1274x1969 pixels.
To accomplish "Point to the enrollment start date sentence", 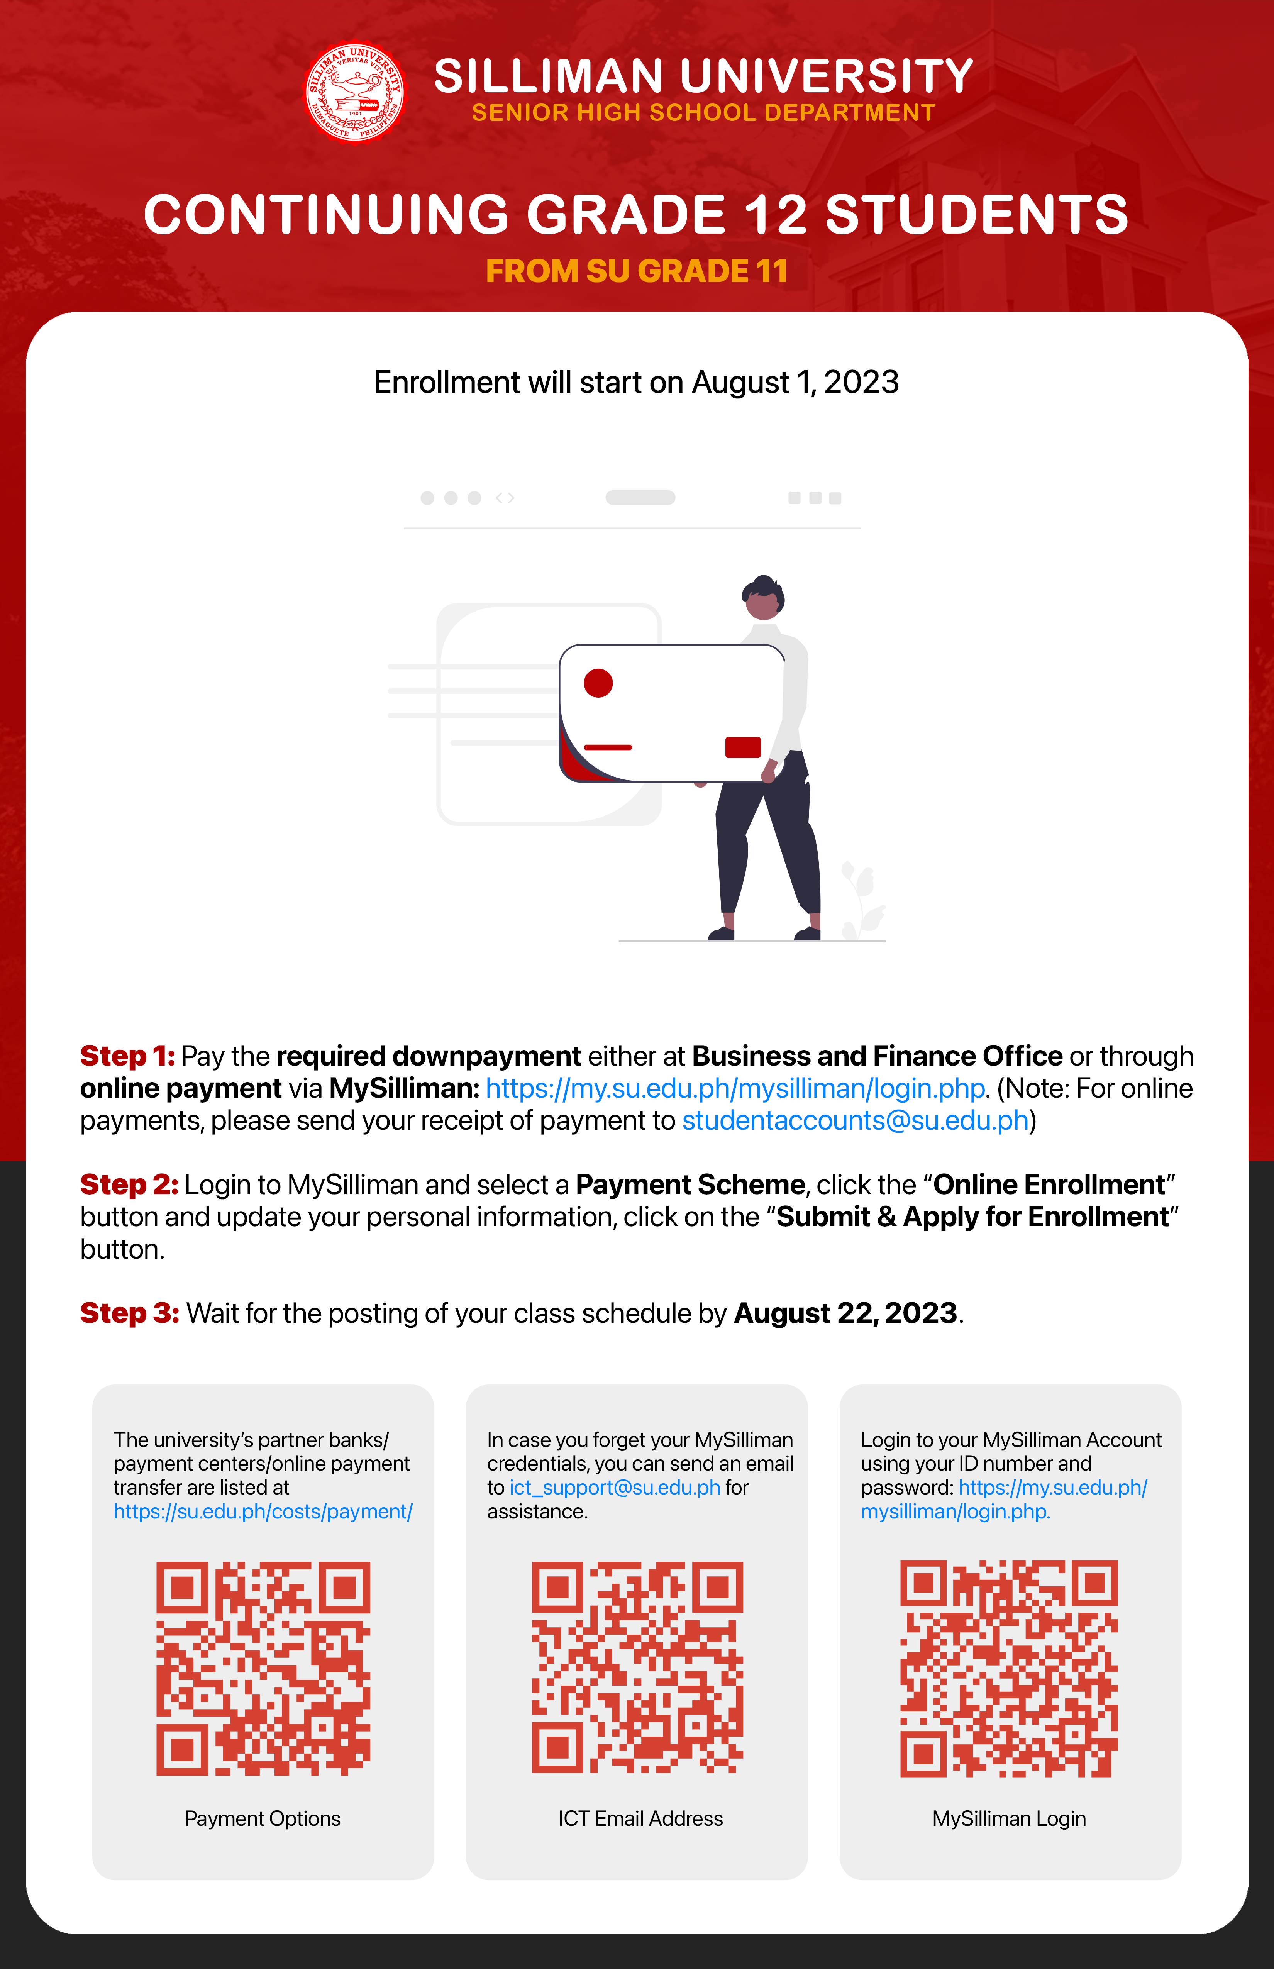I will pos(636,382).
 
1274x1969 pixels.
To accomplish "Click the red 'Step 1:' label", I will pos(127,1056).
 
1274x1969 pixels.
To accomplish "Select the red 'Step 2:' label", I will pos(129,1185).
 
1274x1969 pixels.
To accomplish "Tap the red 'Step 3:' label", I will pos(129,1313).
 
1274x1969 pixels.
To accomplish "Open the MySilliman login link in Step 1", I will pos(735,1089).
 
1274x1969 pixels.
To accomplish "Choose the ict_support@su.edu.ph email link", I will pos(615,1488).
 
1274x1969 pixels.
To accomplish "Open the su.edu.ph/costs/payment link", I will pos(263,1511).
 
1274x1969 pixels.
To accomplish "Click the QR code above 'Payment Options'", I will pos(263,1668).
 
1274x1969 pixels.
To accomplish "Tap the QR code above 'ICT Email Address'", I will pos(637,1668).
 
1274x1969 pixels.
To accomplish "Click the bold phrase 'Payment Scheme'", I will pos(690,1185).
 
